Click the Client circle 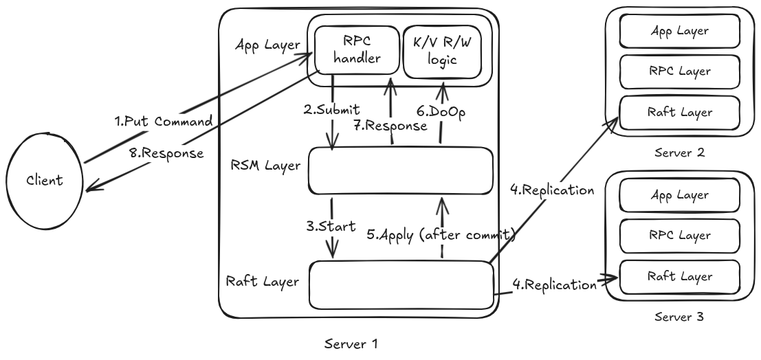point(44,181)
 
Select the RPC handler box point(356,49)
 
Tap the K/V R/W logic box point(442,49)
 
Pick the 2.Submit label point(332,110)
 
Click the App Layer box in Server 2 point(679,30)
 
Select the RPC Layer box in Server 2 point(679,71)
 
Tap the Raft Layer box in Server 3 point(679,276)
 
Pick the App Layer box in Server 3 point(679,195)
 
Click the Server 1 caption point(351,344)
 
